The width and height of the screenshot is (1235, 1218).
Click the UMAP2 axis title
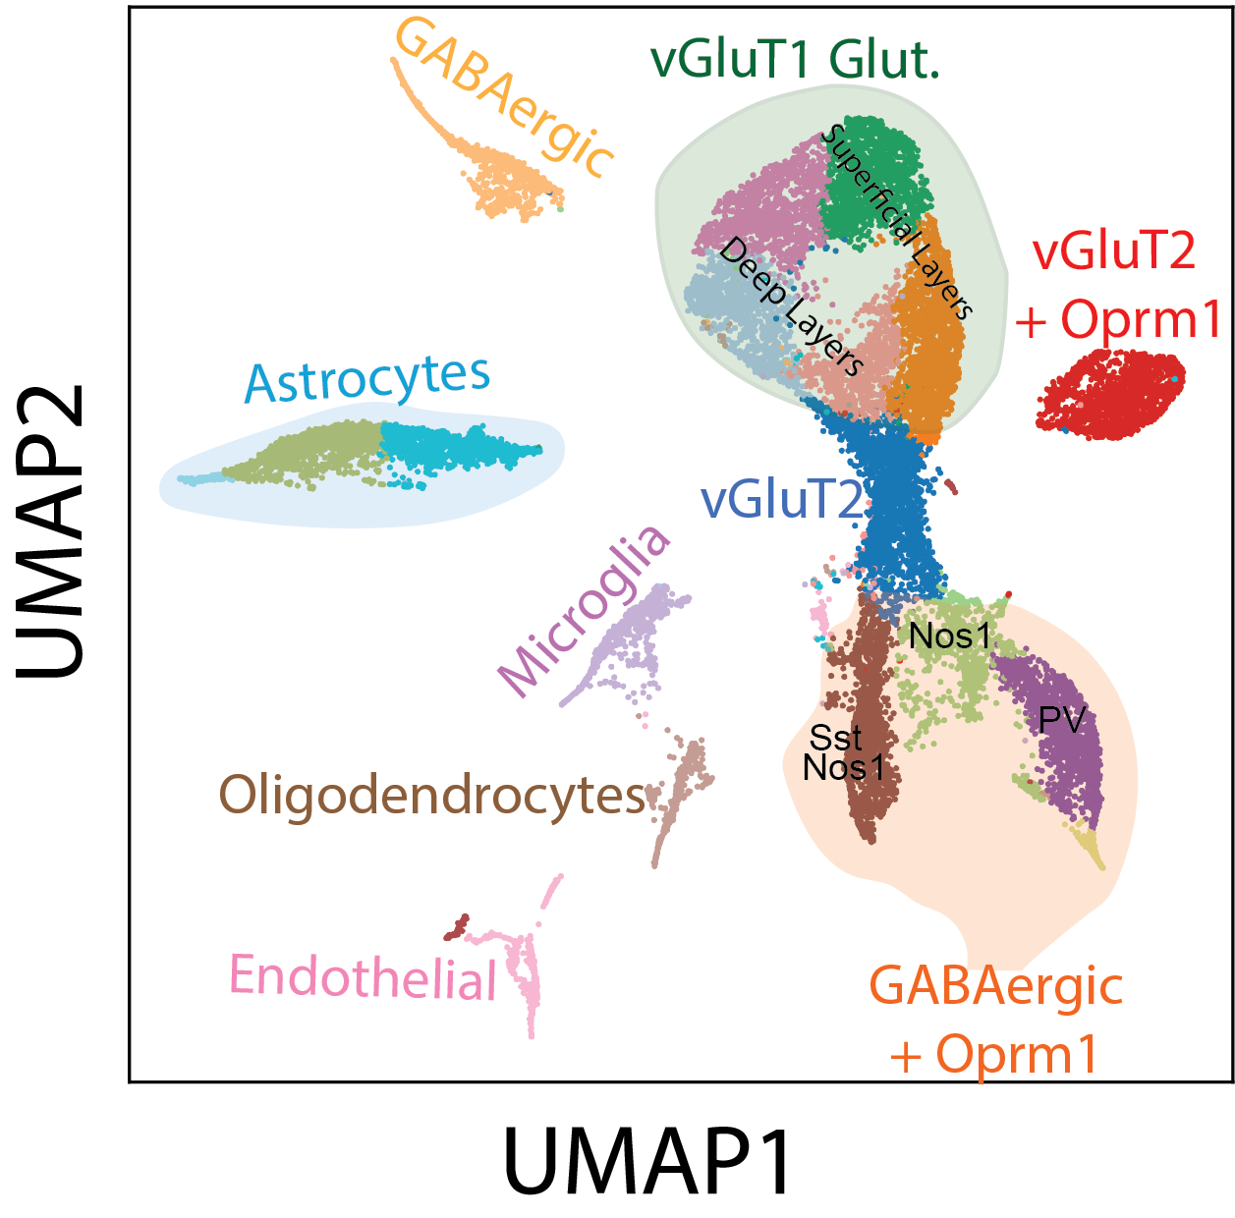click(51, 530)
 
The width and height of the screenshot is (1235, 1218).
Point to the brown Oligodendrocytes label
click(432, 795)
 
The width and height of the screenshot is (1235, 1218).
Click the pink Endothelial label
click(364, 978)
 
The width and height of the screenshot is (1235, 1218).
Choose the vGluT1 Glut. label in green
click(795, 60)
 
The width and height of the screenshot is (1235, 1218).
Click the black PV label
click(1061, 721)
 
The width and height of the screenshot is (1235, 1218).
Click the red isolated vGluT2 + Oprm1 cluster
click(1110, 396)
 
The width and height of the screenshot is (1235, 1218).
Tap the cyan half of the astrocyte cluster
click(452, 446)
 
